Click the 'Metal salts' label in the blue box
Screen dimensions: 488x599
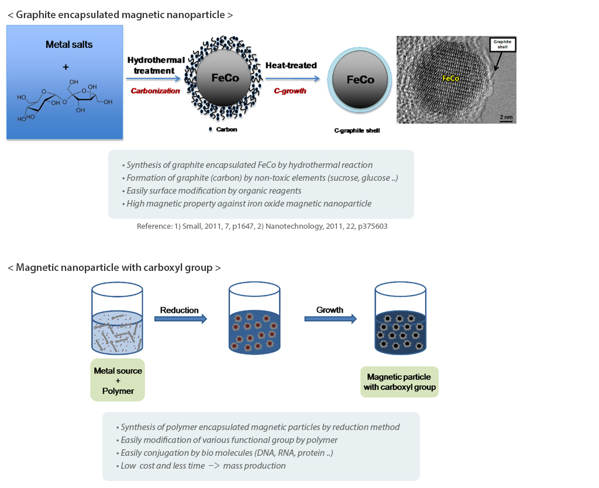[x=69, y=45]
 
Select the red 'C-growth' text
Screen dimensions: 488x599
[x=290, y=91]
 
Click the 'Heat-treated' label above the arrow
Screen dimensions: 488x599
[x=291, y=66]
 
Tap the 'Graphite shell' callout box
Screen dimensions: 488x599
[x=502, y=45]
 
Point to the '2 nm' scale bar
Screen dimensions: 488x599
[x=506, y=118]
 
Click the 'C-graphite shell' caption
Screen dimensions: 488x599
[x=357, y=130]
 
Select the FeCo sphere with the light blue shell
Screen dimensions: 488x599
[x=360, y=80]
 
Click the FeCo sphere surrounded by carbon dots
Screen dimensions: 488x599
[x=225, y=78]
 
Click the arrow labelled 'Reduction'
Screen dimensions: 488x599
[x=180, y=319]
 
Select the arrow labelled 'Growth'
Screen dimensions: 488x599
[x=331, y=319]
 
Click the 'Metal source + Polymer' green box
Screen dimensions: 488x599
[x=118, y=380]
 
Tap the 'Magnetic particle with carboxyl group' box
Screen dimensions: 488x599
[x=400, y=382]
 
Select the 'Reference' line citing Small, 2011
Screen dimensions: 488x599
[x=261, y=226]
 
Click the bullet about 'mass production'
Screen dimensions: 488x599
[x=203, y=466]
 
